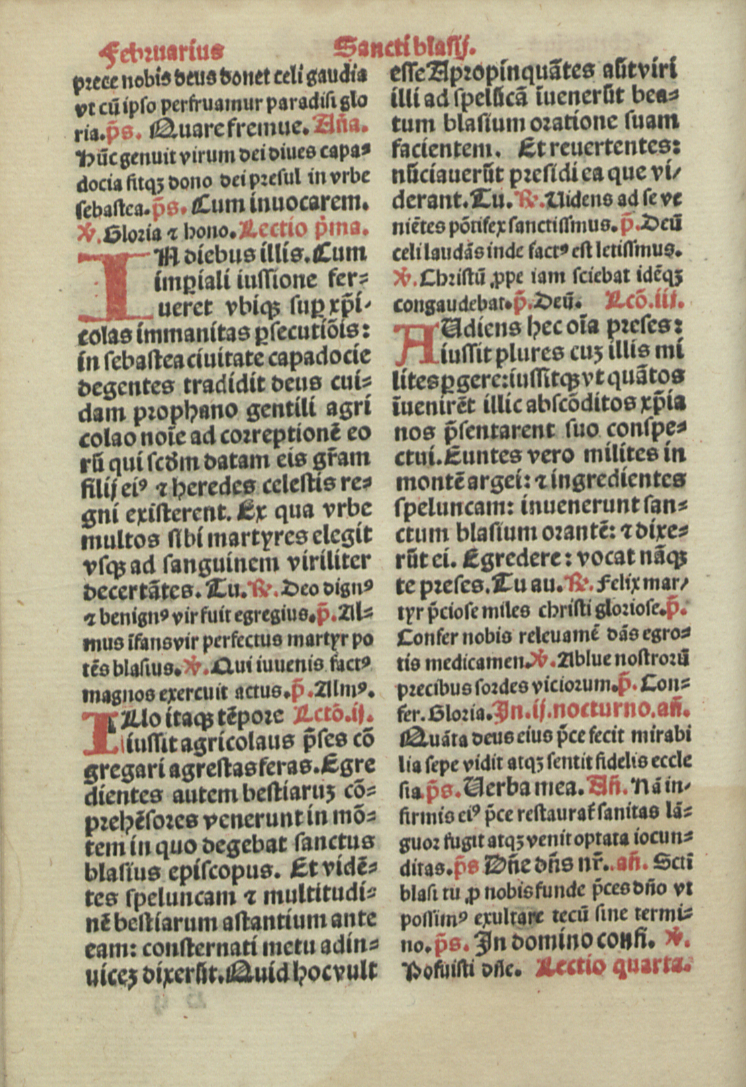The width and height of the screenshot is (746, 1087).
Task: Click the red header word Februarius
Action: (163, 50)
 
